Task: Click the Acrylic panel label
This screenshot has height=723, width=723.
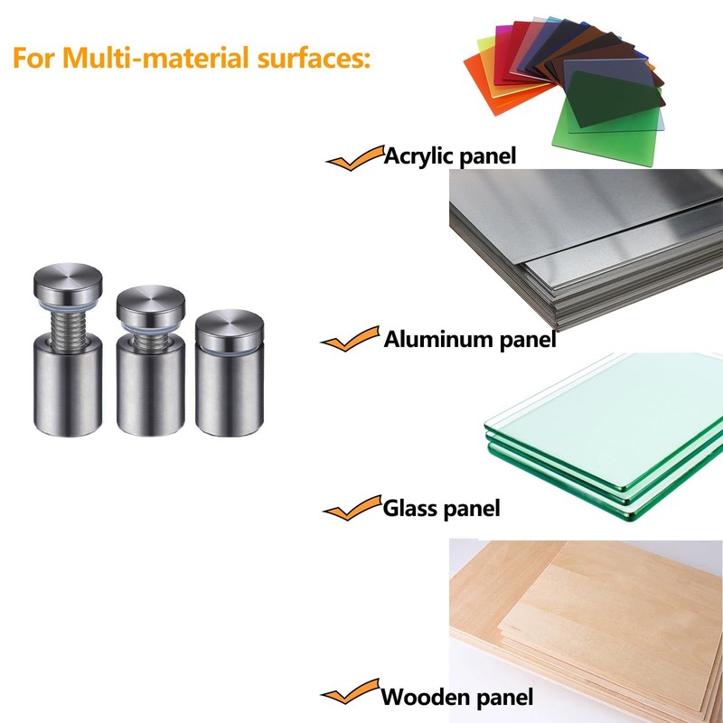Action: (449, 156)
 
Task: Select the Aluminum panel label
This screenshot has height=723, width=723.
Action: (470, 340)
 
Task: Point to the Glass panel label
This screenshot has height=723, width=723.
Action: (441, 509)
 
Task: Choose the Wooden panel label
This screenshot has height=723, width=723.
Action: (457, 696)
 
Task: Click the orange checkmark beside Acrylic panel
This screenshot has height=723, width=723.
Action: (355, 157)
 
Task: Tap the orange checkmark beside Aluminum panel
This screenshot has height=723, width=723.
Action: (351, 339)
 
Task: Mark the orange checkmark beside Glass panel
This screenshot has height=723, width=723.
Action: (352, 508)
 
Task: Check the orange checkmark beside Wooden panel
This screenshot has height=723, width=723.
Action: (351, 691)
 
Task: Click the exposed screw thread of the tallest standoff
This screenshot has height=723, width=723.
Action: (69, 325)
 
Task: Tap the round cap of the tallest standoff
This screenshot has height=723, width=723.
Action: (68, 283)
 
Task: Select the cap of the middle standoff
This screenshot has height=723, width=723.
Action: (151, 305)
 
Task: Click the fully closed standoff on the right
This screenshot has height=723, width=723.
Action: (230, 373)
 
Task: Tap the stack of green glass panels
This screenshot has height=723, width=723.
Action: (605, 436)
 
